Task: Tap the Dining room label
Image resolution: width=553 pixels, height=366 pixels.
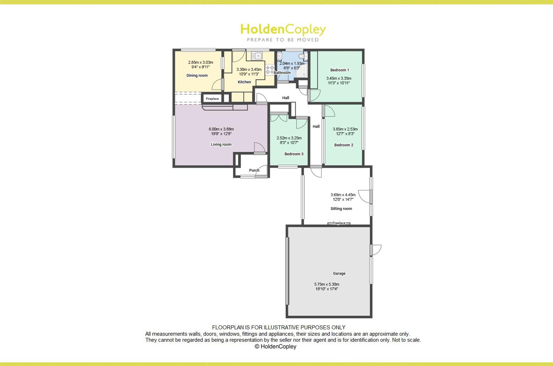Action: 197,75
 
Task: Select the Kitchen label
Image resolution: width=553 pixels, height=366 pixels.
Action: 244,82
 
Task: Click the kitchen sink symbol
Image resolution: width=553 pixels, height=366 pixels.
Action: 256,56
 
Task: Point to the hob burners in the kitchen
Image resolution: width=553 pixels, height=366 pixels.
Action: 270,70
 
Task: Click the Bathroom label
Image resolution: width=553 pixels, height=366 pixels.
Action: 282,73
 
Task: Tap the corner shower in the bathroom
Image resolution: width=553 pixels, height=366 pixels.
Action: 301,71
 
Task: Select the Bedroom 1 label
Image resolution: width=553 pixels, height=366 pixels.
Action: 340,70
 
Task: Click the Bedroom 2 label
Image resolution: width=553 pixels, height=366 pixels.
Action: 344,145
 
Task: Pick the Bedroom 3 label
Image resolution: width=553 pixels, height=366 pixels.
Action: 294,154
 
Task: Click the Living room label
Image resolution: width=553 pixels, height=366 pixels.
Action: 221,144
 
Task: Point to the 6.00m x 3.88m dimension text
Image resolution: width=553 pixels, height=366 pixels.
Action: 221,129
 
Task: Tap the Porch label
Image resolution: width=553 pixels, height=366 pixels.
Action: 254,170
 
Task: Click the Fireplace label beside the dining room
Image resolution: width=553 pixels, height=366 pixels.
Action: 212,99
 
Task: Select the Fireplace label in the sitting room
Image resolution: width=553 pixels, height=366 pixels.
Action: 339,223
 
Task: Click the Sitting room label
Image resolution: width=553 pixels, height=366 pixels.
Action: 341,209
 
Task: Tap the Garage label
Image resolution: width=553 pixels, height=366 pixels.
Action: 339,273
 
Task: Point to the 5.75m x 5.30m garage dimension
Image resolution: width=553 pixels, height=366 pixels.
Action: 327,284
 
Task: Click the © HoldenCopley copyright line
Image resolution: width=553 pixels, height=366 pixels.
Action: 275,346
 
